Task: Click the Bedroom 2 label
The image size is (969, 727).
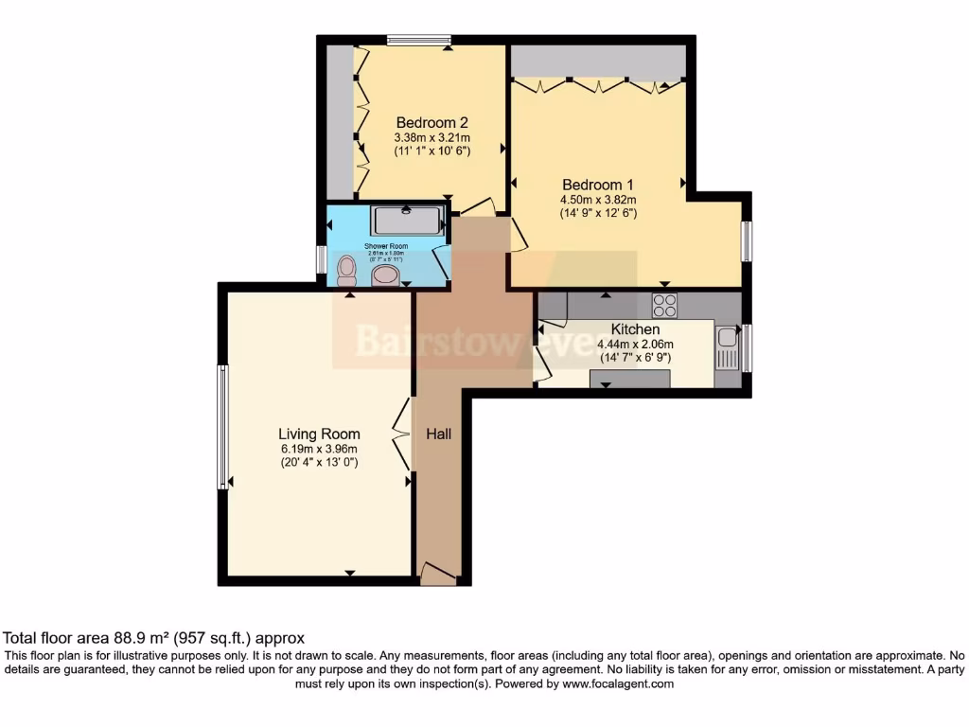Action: (x=432, y=122)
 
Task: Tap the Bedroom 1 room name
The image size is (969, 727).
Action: (x=597, y=185)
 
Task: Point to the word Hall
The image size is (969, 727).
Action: (x=438, y=434)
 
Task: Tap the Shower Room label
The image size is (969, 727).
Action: (x=385, y=246)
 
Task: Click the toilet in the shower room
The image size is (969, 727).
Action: (x=346, y=271)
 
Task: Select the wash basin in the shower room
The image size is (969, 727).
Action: (x=385, y=275)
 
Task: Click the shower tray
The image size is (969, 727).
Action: (x=407, y=221)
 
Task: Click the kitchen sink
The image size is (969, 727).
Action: (x=727, y=347)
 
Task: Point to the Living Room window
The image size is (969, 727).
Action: (x=223, y=427)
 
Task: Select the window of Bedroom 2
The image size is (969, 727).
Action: (x=417, y=40)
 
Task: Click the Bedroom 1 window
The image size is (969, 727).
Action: (x=746, y=240)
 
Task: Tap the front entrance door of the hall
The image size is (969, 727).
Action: (x=438, y=574)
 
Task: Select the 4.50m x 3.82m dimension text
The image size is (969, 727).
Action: (x=597, y=200)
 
